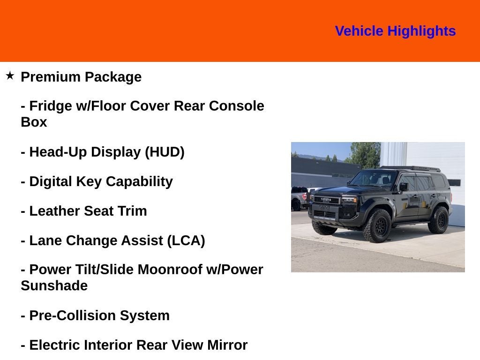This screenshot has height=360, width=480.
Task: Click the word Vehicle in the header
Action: click(x=359, y=31)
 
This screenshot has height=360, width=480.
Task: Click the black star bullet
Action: click(x=10, y=75)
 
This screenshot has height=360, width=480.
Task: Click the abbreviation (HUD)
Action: click(x=165, y=152)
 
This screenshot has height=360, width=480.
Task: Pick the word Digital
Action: click(x=51, y=181)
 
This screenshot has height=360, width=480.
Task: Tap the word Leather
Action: click(x=55, y=211)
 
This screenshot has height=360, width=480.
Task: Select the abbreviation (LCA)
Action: click(x=186, y=240)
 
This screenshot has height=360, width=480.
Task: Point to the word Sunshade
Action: click(x=54, y=285)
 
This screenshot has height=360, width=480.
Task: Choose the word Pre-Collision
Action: click(x=73, y=315)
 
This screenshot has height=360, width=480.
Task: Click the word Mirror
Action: click(x=227, y=345)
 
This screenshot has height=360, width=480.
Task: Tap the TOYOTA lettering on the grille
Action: click(x=326, y=200)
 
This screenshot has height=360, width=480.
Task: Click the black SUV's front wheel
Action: click(x=377, y=225)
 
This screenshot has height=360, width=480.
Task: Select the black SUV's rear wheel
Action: click(x=439, y=220)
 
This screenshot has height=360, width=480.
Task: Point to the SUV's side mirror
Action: click(x=403, y=187)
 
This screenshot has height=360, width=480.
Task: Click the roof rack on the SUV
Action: click(x=410, y=168)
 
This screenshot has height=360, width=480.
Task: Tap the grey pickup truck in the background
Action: click(x=300, y=198)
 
